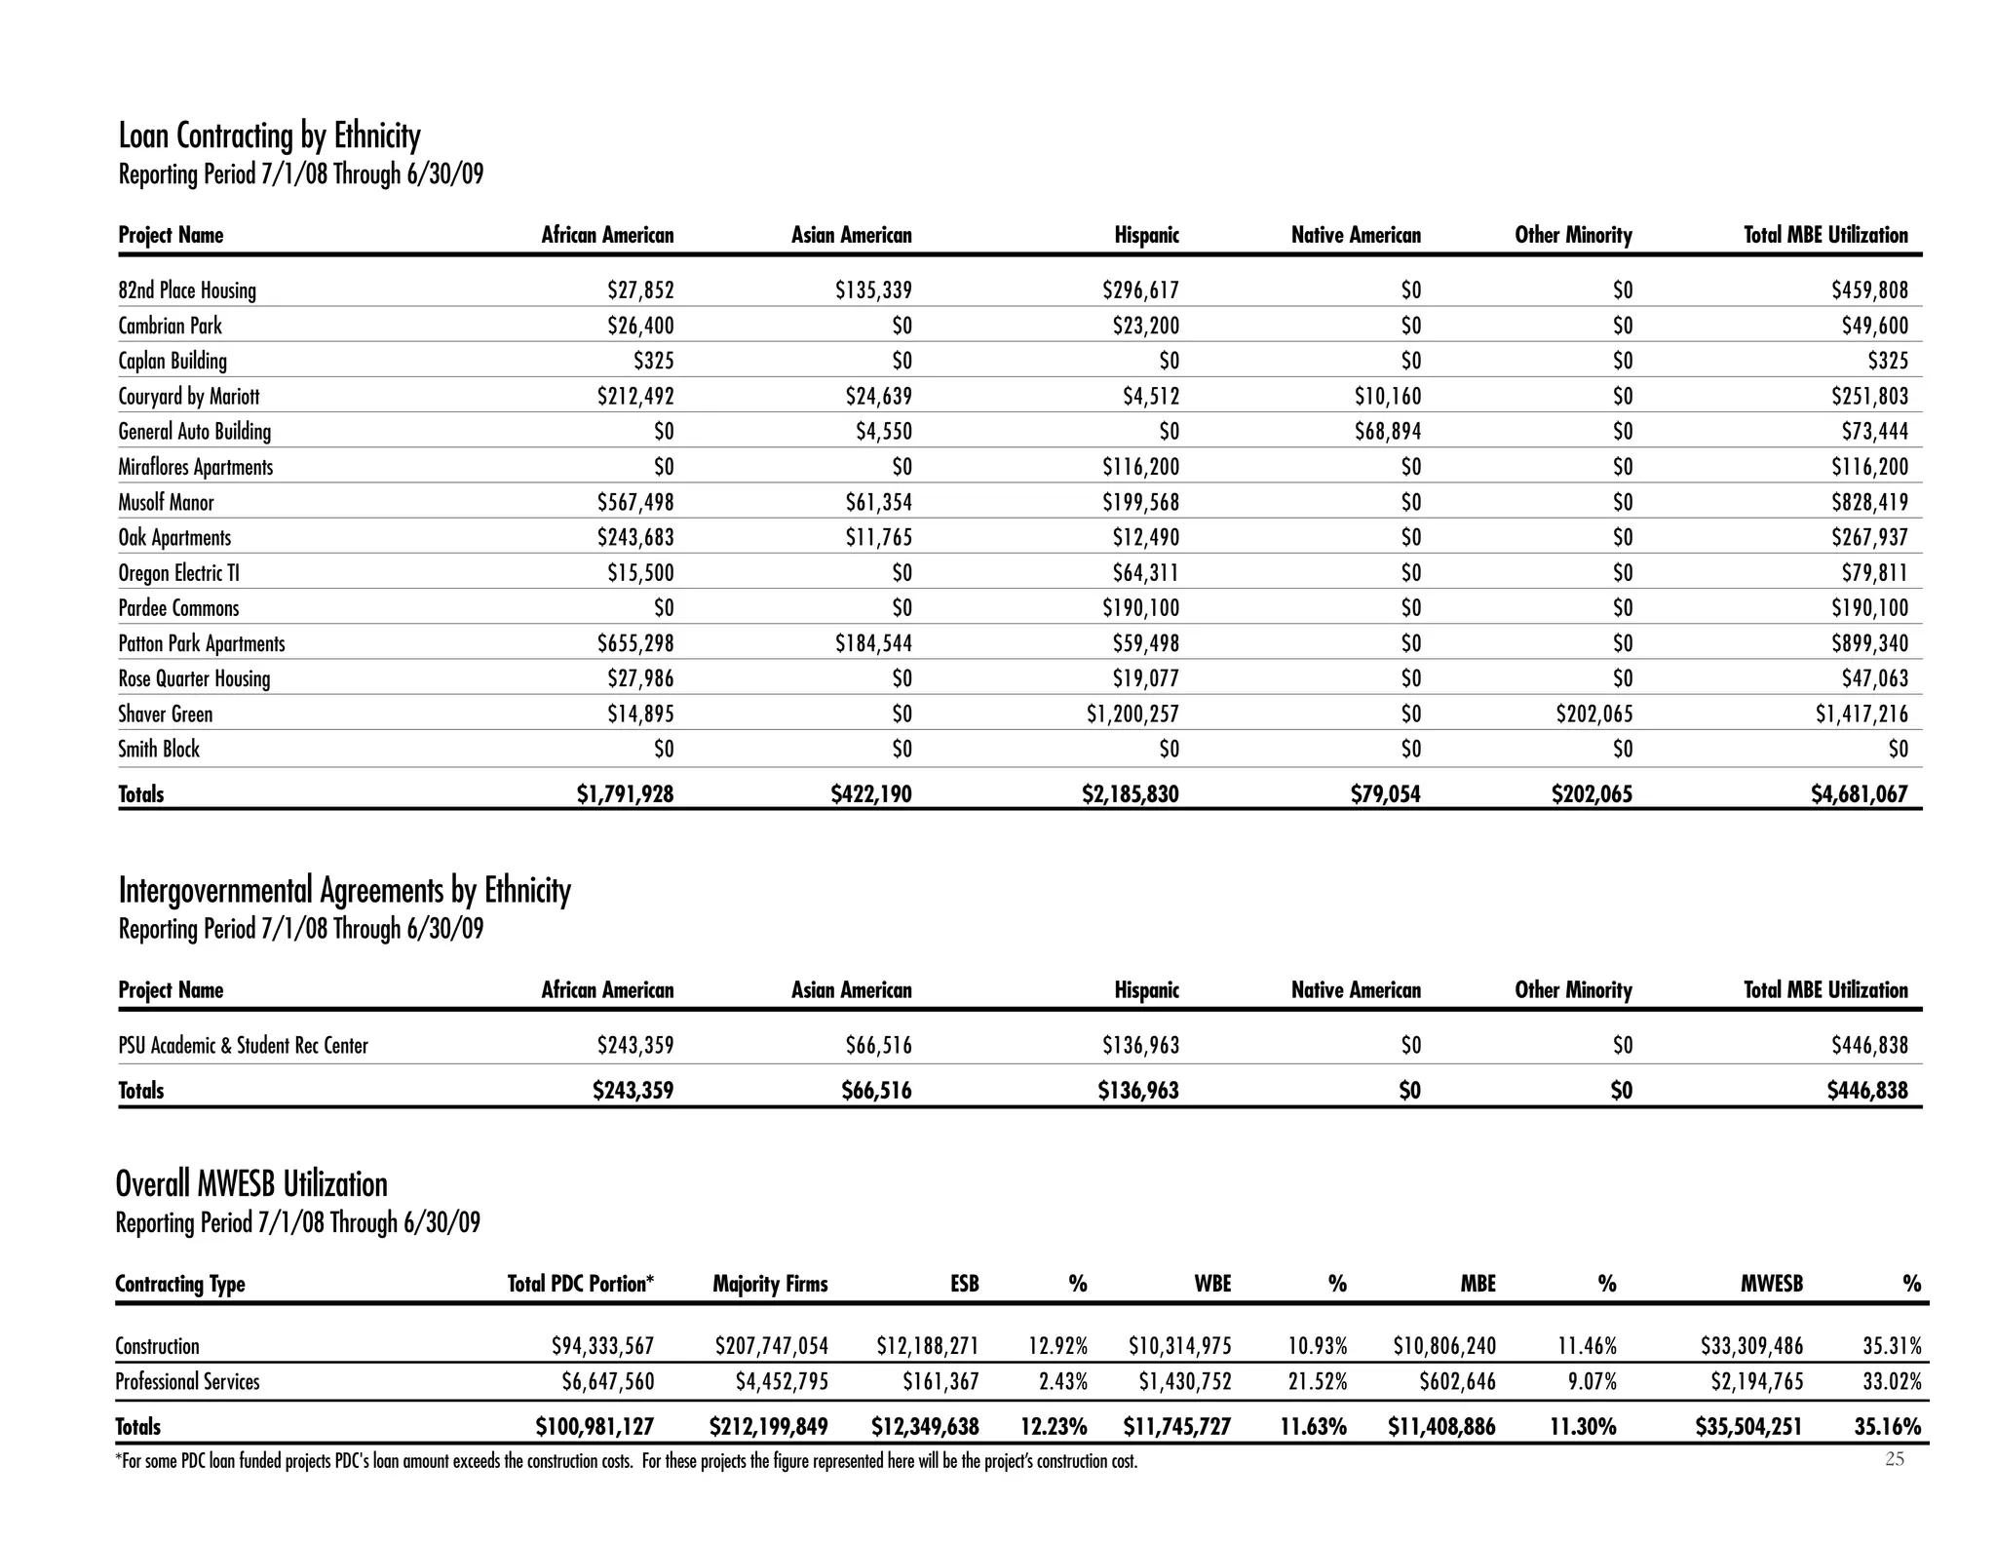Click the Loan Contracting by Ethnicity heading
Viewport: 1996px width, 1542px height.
[x=269, y=135]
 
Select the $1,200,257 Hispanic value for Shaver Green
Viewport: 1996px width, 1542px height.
[x=1132, y=714]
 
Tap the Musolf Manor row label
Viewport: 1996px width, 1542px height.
[x=166, y=503]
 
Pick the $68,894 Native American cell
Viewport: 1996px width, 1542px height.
[x=1387, y=432]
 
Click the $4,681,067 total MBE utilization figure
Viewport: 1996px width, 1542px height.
[x=1859, y=794]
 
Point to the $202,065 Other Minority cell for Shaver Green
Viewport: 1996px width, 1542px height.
[x=1593, y=714]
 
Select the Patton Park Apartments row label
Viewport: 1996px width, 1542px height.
[x=202, y=644]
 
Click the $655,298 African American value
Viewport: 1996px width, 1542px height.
[x=634, y=644]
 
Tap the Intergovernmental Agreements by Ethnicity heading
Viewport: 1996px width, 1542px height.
[x=344, y=890]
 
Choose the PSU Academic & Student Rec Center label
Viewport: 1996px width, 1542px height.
[x=243, y=1046]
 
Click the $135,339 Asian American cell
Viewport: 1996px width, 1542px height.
[x=873, y=290]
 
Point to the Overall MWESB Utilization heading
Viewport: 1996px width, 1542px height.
[x=251, y=1184]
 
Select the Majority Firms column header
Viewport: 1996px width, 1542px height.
[x=770, y=1284]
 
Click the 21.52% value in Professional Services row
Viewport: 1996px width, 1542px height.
[x=1318, y=1382]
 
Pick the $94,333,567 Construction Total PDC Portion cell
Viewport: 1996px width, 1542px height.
[x=602, y=1347]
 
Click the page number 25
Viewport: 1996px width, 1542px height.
[x=1894, y=1459]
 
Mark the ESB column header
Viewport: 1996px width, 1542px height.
[x=964, y=1284]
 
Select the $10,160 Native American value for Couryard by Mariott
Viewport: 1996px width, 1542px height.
[x=1387, y=397]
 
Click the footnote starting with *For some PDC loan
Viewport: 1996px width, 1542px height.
[x=626, y=1462]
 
